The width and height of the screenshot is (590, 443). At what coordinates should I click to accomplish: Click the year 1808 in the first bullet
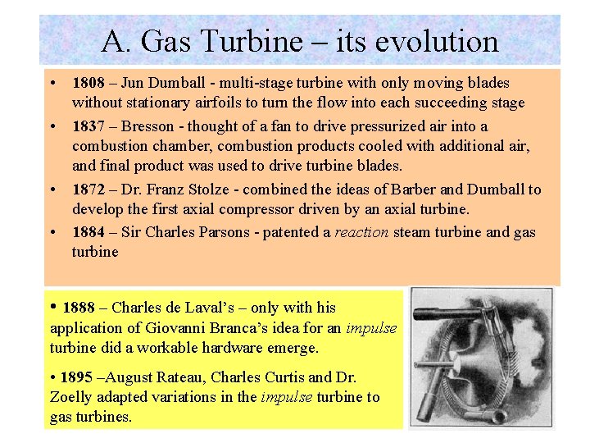point(88,83)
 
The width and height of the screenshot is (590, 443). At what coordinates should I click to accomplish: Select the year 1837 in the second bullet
point(88,126)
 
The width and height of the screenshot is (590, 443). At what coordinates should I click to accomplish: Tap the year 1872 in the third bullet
point(88,190)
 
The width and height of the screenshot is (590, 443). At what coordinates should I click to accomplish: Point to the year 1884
point(88,232)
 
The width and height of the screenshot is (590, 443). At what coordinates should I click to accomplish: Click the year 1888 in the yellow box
point(79,308)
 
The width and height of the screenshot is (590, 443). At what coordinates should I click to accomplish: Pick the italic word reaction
point(361,232)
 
